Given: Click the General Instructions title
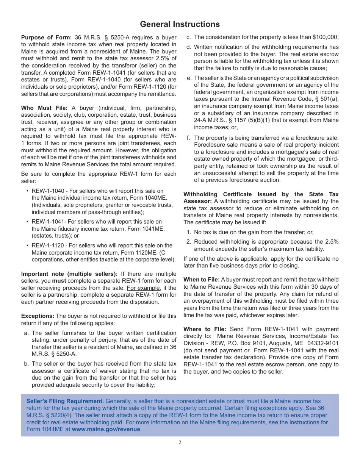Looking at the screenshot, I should (x=180, y=24).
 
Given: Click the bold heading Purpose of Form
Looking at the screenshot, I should (x=46, y=38).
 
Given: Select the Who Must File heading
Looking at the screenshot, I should (x=44, y=108).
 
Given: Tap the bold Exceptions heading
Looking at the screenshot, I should (x=38, y=316).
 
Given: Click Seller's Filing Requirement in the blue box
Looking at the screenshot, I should (x=65, y=401).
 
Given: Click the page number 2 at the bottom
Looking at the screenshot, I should (x=180, y=443).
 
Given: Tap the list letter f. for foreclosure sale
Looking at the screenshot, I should (x=188, y=138).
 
